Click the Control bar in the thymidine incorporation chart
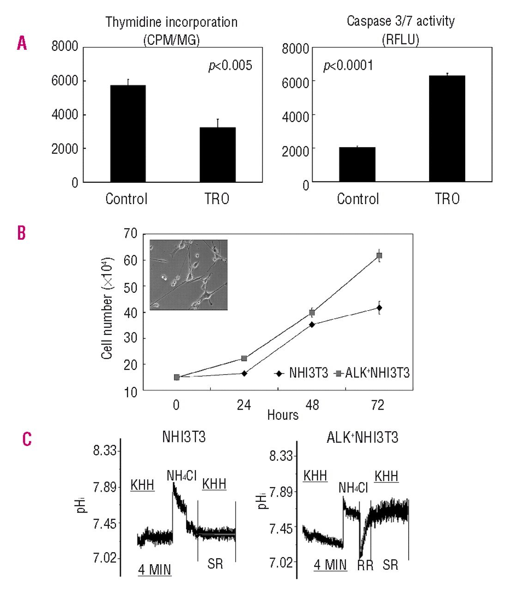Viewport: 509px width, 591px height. pos(128,134)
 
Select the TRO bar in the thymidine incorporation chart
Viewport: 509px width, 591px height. pos(218,155)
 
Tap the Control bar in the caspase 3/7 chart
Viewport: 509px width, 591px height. pos(357,164)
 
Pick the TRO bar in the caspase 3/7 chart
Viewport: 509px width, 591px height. pos(447,128)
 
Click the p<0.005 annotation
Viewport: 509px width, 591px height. pos(230,66)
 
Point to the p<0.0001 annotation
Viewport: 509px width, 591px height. pos(348,66)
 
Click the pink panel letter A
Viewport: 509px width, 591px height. pos(22,43)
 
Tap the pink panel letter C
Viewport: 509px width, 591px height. pos(27,439)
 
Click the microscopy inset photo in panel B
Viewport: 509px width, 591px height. pos(188,275)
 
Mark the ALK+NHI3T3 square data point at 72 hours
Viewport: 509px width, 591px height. pos(379,255)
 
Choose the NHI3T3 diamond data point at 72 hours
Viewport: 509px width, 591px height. pos(379,308)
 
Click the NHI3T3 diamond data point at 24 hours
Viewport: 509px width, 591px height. pos(244,373)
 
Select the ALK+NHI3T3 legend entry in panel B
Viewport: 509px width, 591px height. pos(373,373)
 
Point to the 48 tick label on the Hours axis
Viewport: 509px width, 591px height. pos(312,405)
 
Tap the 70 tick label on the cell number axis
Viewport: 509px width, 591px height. pos(130,234)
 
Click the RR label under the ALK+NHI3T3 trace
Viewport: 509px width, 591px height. pos(365,565)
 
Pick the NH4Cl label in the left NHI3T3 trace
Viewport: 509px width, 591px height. pos(182,475)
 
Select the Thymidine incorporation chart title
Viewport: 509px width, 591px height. pos(171,22)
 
